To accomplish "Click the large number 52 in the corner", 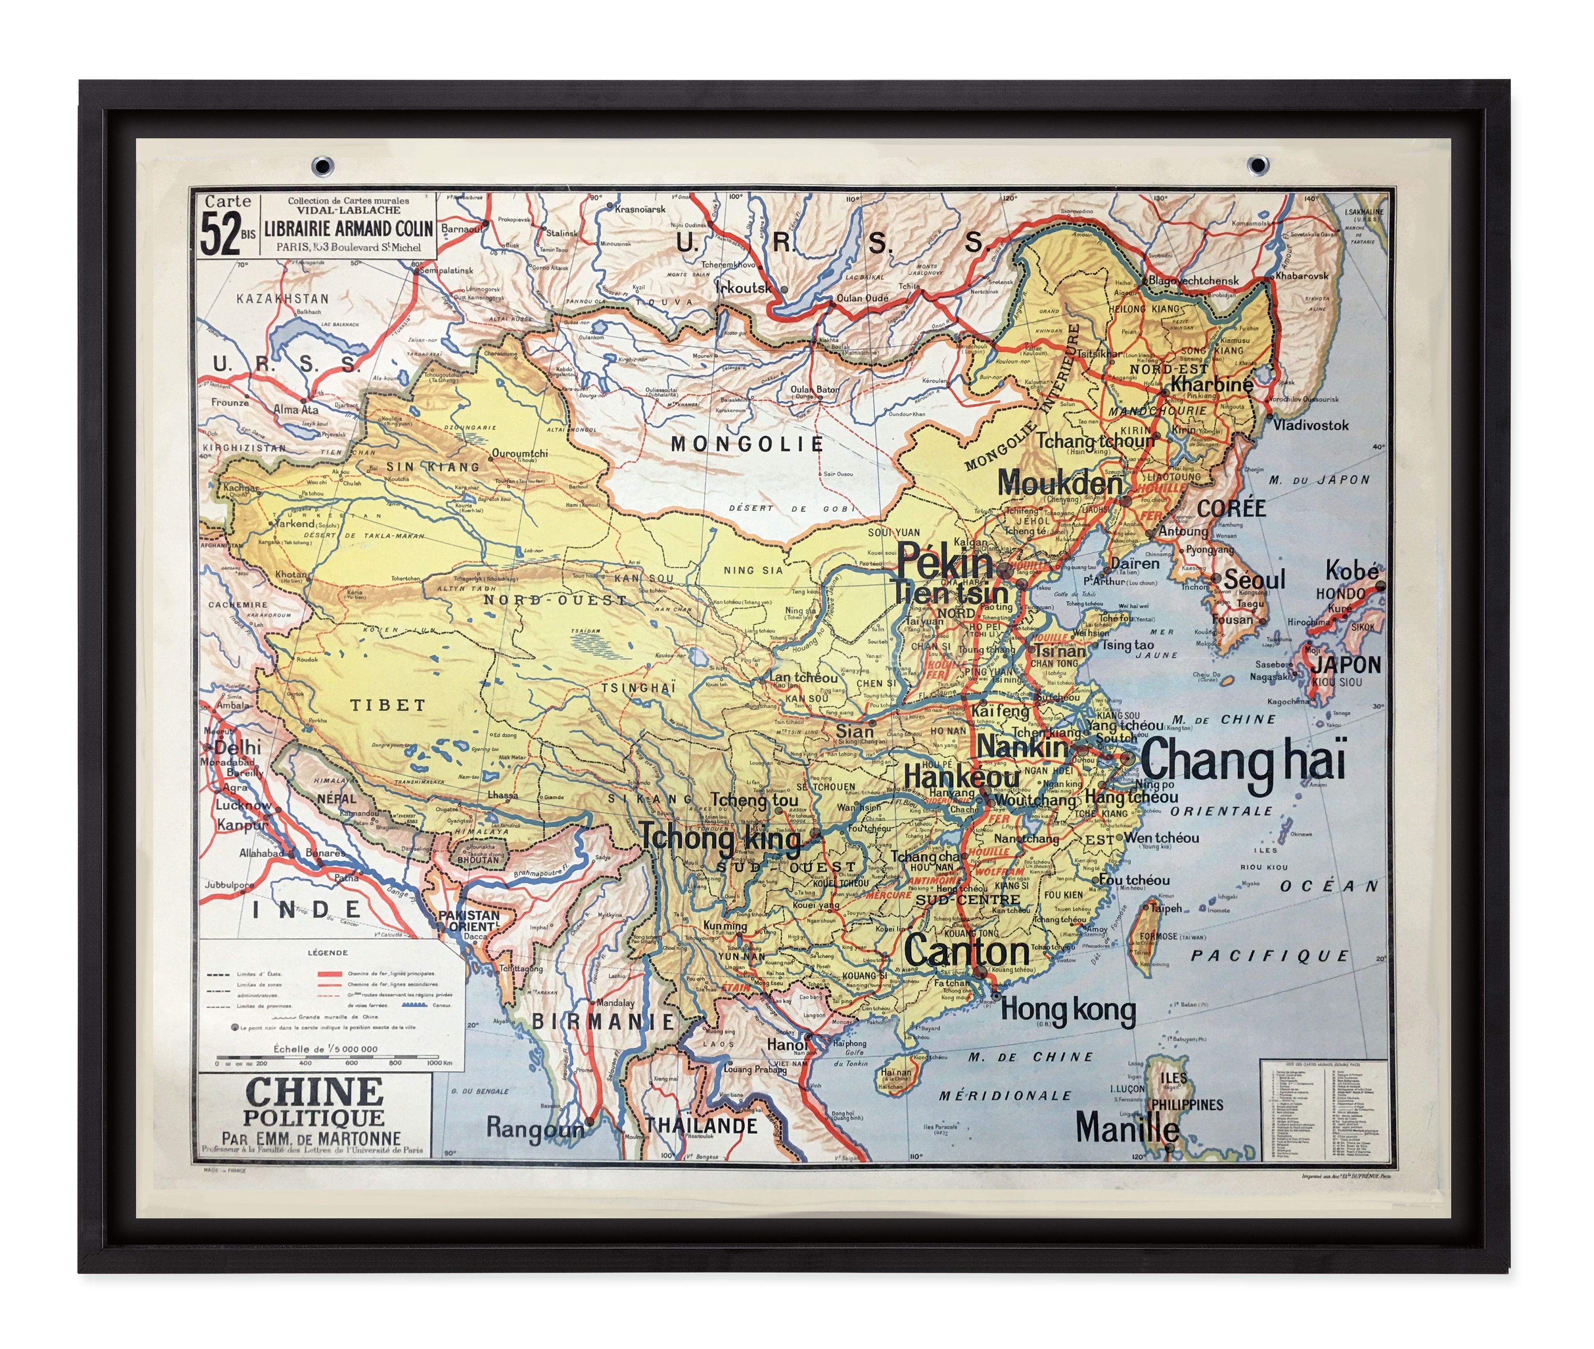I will (220, 234).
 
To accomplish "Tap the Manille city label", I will (1127, 1127).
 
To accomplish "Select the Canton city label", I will (966, 951).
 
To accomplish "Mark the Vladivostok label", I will (1310, 425).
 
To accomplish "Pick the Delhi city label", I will (237, 747).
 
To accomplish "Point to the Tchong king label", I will (720, 837).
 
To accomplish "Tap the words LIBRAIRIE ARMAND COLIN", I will (348, 229).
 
